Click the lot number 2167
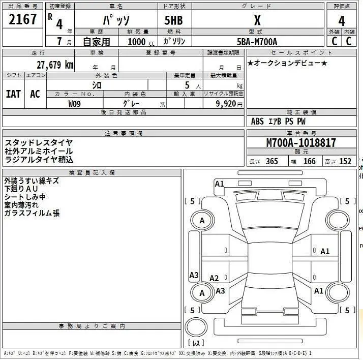tap(23, 20)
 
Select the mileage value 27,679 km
tap(55, 65)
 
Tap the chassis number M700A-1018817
tap(301, 143)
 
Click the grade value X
tap(257, 20)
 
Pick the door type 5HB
tap(173, 20)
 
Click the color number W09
tap(74, 103)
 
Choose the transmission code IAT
tap(13, 94)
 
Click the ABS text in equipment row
tap(257, 122)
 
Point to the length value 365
tap(272, 162)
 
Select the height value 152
tap(345, 162)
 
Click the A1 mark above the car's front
tap(219, 184)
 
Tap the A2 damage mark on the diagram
tap(214, 278)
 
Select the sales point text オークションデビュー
tap(287, 63)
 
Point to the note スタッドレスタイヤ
tap(39, 143)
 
